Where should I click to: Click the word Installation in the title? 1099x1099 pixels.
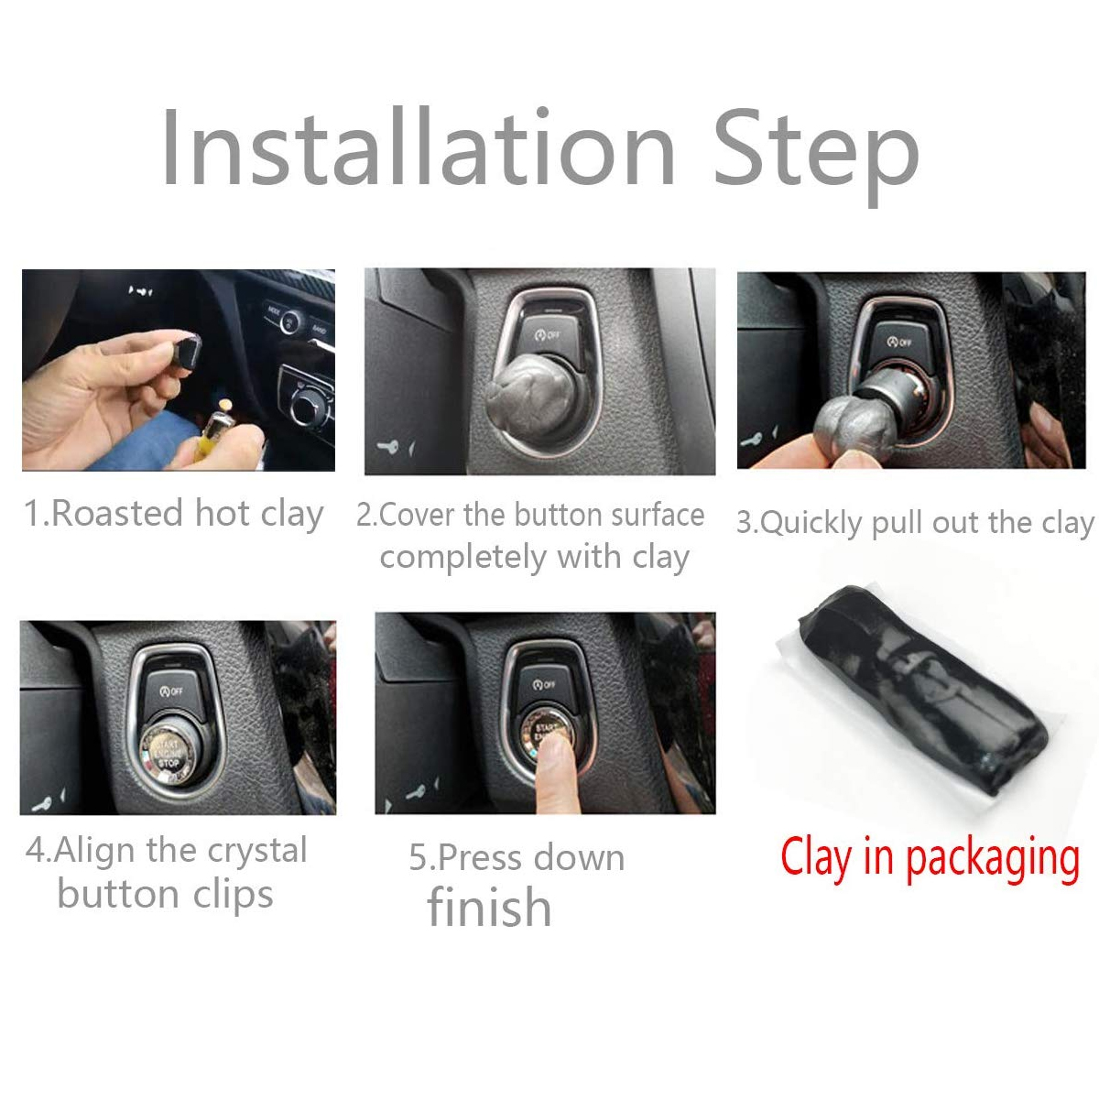418,148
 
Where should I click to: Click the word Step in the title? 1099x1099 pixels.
815,151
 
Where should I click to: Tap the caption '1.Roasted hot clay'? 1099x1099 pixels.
173,514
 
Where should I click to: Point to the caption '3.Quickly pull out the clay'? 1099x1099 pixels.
915,523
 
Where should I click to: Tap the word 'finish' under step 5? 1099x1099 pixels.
489,908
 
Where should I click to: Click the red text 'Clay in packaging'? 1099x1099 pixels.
930,858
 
